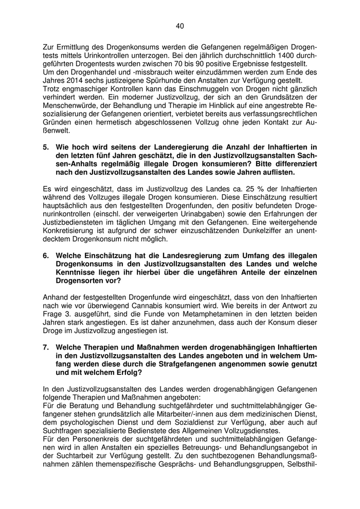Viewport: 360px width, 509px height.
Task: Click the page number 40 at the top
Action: click(x=179, y=26)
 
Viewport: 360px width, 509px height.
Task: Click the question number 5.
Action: click(x=46, y=147)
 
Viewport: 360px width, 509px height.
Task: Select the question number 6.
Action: click(x=46, y=256)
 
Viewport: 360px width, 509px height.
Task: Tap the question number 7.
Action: click(x=46, y=348)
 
